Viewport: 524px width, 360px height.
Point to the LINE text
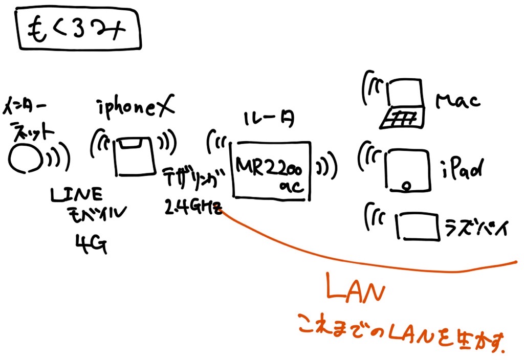(76, 194)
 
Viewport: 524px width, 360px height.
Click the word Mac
(458, 101)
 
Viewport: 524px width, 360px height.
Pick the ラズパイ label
(475, 226)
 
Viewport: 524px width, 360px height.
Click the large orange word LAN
(356, 291)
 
